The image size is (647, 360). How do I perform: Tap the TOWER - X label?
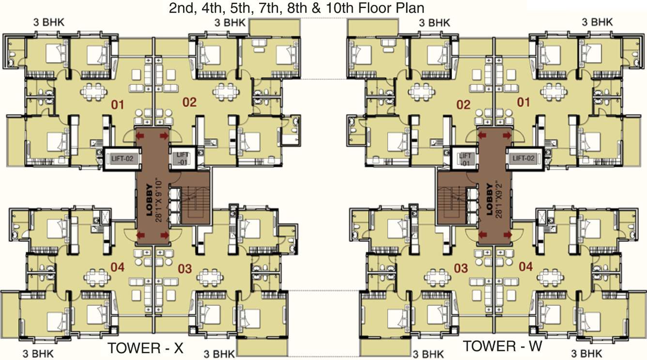coord(145,348)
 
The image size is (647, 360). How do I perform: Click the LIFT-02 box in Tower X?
coord(118,157)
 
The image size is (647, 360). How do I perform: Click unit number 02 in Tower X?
coord(189,102)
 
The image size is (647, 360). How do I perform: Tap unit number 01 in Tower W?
coord(524,102)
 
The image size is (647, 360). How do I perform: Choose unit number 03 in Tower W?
coord(461,267)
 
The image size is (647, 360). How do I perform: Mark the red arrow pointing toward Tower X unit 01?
coord(141,135)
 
